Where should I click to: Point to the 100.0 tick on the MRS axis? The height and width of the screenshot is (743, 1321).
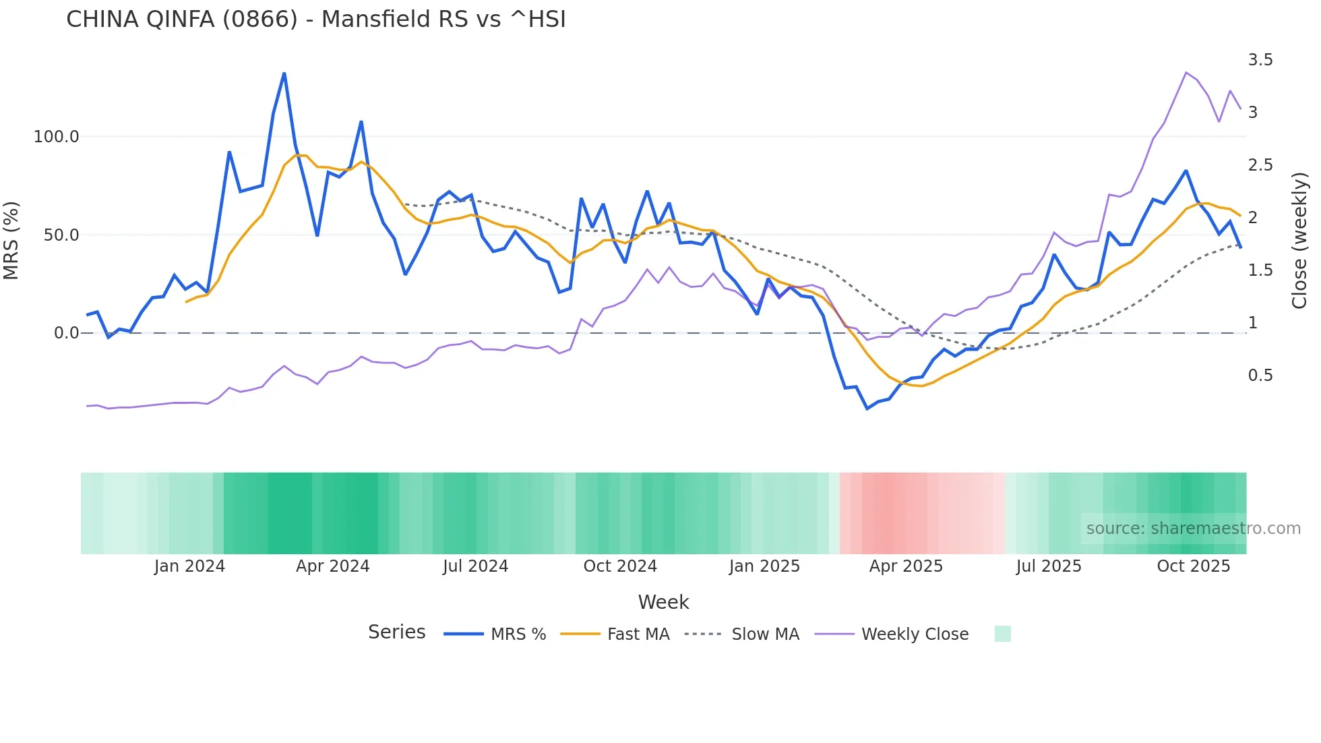pyautogui.click(x=56, y=137)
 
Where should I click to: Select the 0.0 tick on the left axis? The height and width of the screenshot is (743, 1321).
pyautogui.click(x=66, y=333)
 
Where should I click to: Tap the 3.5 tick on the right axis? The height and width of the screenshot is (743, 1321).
pyautogui.click(x=1260, y=60)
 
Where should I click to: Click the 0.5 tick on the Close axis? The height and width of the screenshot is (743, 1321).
pyautogui.click(x=1260, y=376)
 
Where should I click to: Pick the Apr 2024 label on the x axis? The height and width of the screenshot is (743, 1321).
pyautogui.click(x=332, y=566)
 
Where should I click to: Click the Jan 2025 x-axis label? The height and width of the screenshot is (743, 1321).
pyautogui.click(x=764, y=566)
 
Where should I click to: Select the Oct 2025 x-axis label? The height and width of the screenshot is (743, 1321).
pyautogui.click(x=1193, y=566)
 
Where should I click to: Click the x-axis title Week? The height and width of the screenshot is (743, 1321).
pyautogui.click(x=663, y=602)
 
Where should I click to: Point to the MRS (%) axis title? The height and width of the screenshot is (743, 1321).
pyautogui.click(x=11, y=240)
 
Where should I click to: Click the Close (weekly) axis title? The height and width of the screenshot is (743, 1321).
pyautogui.click(x=1299, y=240)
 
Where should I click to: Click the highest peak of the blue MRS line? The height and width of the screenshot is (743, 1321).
pyautogui.click(x=284, y=73)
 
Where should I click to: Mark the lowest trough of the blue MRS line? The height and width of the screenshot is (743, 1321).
pyautogui.click(x=867, y=409)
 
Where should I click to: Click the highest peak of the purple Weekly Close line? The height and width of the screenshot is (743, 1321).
pyautogui.click(x=1186, y=72)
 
